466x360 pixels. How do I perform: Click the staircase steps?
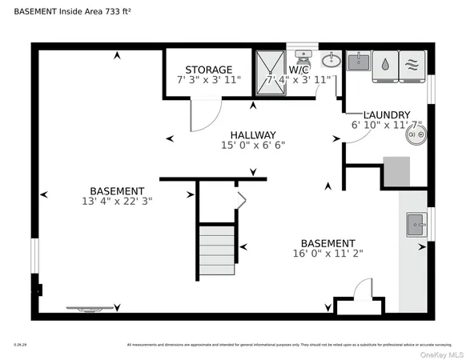218,245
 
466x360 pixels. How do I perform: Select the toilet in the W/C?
303,58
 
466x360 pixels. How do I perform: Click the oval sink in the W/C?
331,61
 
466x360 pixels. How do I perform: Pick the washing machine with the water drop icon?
385,64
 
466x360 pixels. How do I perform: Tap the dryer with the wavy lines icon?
412,64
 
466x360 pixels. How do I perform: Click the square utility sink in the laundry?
359,62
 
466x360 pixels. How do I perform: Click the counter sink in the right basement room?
416,223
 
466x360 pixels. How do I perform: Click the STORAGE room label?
208,70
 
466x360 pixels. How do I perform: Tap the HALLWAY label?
253,134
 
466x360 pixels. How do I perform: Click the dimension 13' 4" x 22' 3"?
117,202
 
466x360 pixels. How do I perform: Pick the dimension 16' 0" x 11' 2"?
327,254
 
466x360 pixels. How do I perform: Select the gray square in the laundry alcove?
396,171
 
